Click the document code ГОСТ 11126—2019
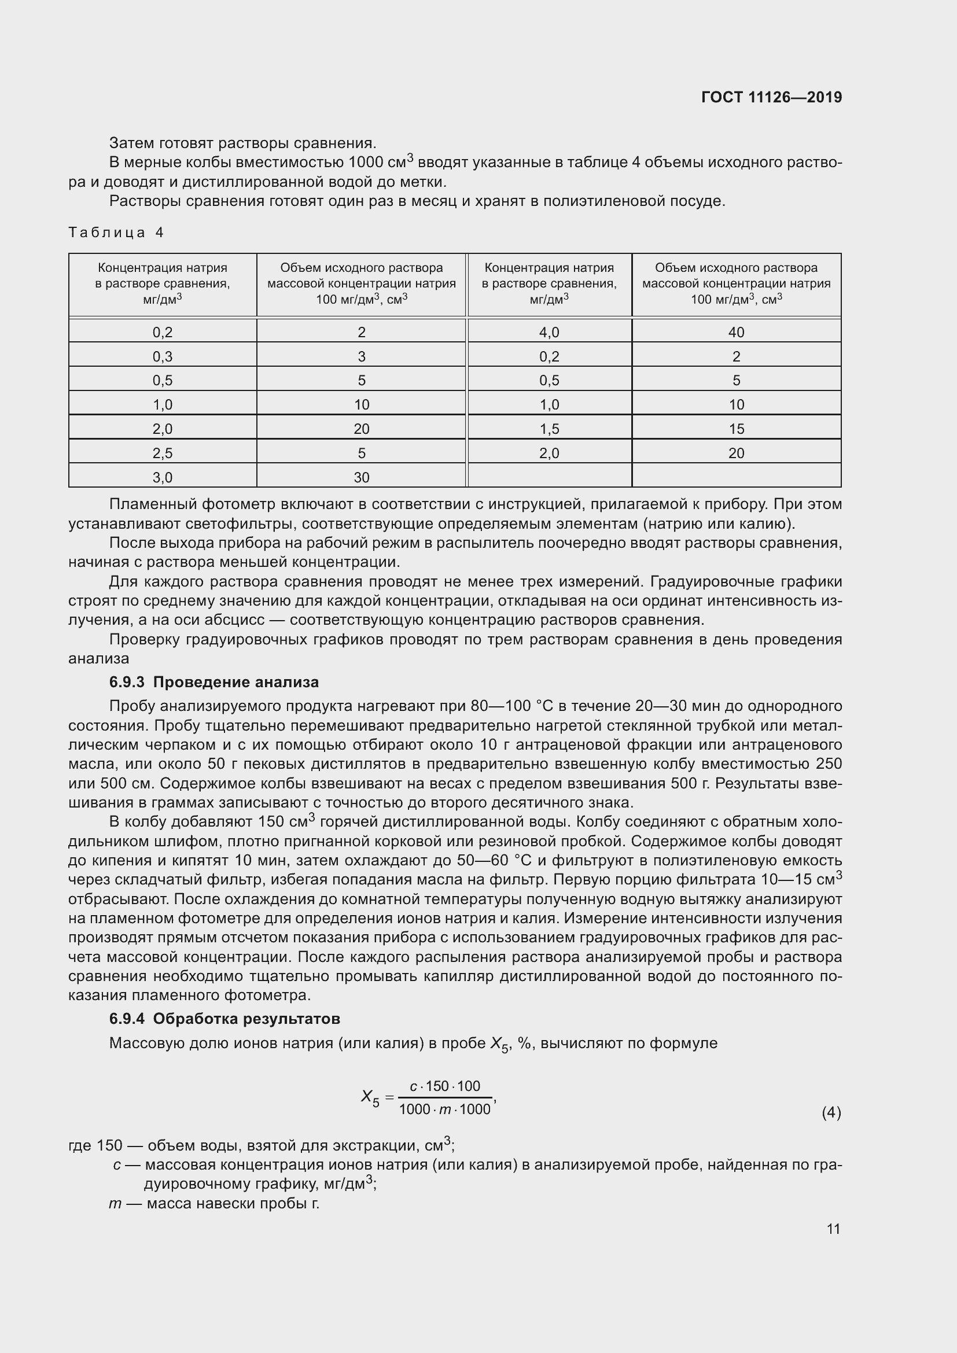tap(771, 97)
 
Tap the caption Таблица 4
tap(116, 232)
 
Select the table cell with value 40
tap(736, 333)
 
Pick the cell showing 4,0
tap(549, 333)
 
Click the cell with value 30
tap(361, 477)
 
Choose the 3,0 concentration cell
tap(163, 477)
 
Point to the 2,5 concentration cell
tap(163, 453)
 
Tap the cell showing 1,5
tap(549, 429)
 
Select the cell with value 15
tap(736, 429)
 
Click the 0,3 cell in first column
tap(163, 356)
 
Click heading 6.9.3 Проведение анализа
tap(214, 682)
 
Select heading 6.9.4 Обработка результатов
tap(224, 1019)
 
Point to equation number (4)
tap(831, 1112)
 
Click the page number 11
tap(833, 1229)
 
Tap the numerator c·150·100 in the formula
tap(445, 1086)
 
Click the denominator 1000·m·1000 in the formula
tap(445, 1109)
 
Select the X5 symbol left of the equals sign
tap(370, 1097)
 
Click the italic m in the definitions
tap(116, 1203)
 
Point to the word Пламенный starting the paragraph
tap(153, 504)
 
